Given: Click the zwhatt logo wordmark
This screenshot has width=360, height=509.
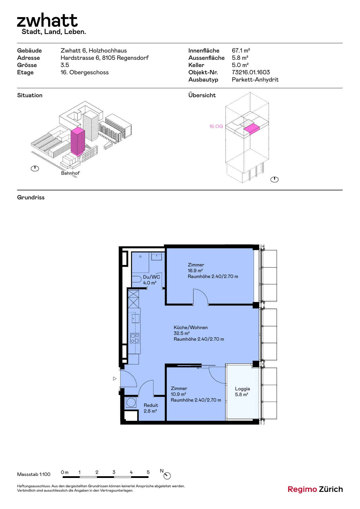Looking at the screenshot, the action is (47, 20).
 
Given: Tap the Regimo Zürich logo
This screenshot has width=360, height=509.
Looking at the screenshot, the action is (315, 489).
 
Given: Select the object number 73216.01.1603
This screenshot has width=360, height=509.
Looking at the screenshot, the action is (251, 72).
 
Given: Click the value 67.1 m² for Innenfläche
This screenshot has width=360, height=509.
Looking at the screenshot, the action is (241, 50).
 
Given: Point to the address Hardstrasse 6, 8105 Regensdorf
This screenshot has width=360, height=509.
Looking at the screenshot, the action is (104, 58).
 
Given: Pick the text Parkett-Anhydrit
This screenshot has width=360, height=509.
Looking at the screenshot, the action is (255, 80).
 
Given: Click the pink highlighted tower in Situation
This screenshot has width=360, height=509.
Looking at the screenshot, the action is (77, 141).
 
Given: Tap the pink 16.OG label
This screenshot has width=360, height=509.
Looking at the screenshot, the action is (216, 126).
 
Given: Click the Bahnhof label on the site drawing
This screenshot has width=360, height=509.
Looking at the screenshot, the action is (70, 173).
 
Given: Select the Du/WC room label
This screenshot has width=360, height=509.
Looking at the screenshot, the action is (151, 277).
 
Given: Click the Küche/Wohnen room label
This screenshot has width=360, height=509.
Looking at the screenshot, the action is (191, 327).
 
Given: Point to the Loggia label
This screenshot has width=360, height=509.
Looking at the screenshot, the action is (242, 389).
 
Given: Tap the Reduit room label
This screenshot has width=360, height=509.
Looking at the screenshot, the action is (151, 405).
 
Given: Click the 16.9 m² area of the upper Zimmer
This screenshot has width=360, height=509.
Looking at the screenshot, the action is (195, 270).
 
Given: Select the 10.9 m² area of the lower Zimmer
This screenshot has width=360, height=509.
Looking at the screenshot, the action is (178, 394).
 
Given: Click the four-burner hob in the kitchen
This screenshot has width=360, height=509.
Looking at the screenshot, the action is (135, 338).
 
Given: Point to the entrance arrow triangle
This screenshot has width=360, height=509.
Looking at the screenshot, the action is (115, 379).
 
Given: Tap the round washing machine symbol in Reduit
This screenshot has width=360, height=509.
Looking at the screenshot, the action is (131, 402).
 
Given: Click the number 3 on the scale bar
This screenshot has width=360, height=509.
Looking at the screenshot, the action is (114, 472).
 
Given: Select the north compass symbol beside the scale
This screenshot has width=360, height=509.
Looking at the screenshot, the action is (167, 476).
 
